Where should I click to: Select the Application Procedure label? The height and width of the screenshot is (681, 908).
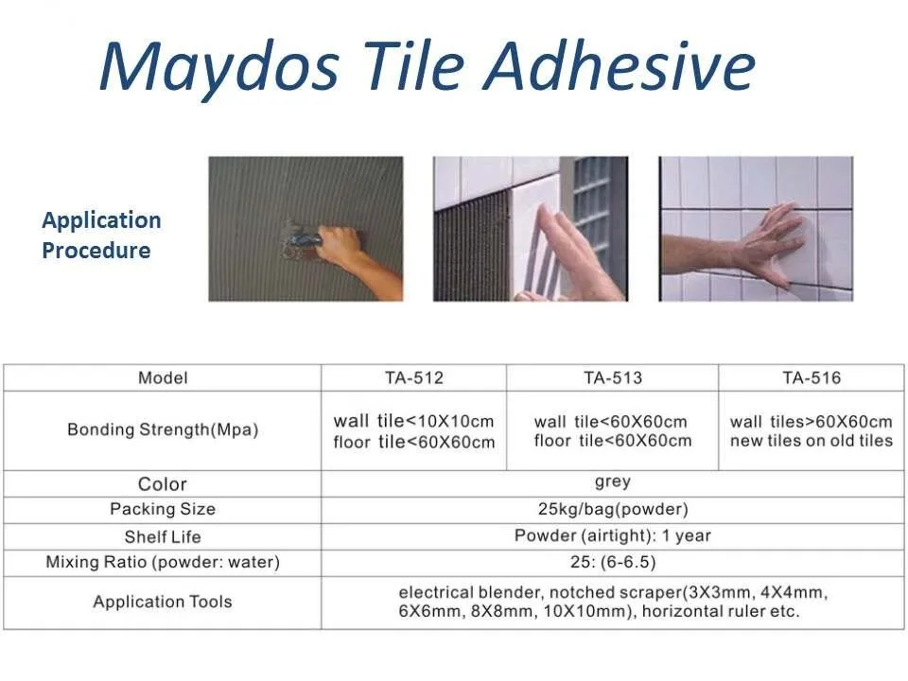(100, 236)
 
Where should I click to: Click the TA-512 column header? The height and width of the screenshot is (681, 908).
(413, 378)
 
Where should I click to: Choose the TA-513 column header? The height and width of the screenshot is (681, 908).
(612, 378)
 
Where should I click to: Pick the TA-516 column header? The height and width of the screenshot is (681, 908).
(811, 378)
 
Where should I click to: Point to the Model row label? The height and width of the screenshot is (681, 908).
(163, 378)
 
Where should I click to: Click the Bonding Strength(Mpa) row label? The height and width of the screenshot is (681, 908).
(163, 429)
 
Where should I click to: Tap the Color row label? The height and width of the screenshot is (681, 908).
(163, 484)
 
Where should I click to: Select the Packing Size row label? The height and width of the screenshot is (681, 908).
(163, 509)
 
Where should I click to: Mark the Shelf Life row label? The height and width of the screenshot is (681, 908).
(163, 536)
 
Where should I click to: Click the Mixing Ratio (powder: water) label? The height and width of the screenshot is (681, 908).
(163, 563)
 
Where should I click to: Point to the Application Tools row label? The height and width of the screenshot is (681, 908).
(163, 602)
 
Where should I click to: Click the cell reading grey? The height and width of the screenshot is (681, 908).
(612, 482)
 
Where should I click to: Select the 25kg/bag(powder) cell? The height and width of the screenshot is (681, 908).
(612, 509)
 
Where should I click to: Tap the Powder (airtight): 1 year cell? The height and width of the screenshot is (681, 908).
(612, 535)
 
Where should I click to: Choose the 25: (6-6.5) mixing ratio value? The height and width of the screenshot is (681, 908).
(612, 563)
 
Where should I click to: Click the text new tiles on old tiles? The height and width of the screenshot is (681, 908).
(811, 441)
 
